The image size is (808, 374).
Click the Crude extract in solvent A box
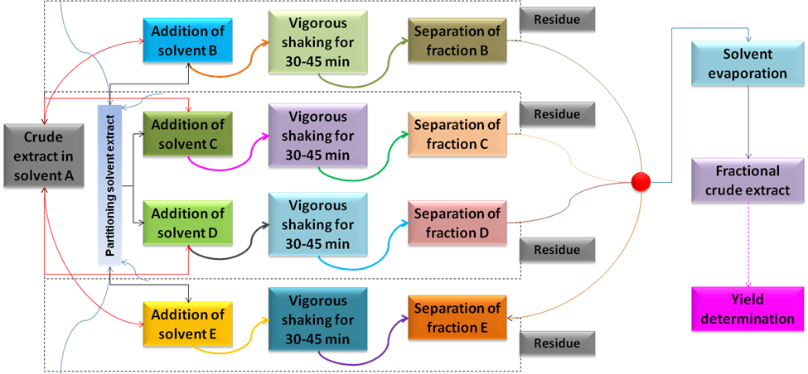tap(44, 155)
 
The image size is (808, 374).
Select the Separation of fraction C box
tap(457, 135)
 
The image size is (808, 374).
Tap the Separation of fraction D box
tap(457, 223)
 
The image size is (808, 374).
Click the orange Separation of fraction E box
tap(457, 319)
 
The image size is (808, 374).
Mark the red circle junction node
tap(640, 181)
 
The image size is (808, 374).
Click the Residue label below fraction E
tap(556, 343)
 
